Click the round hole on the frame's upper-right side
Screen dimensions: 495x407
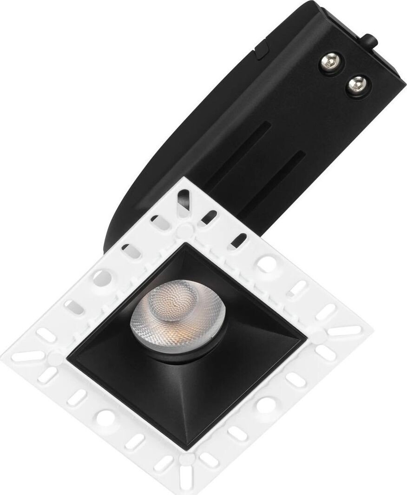point(267,264)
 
